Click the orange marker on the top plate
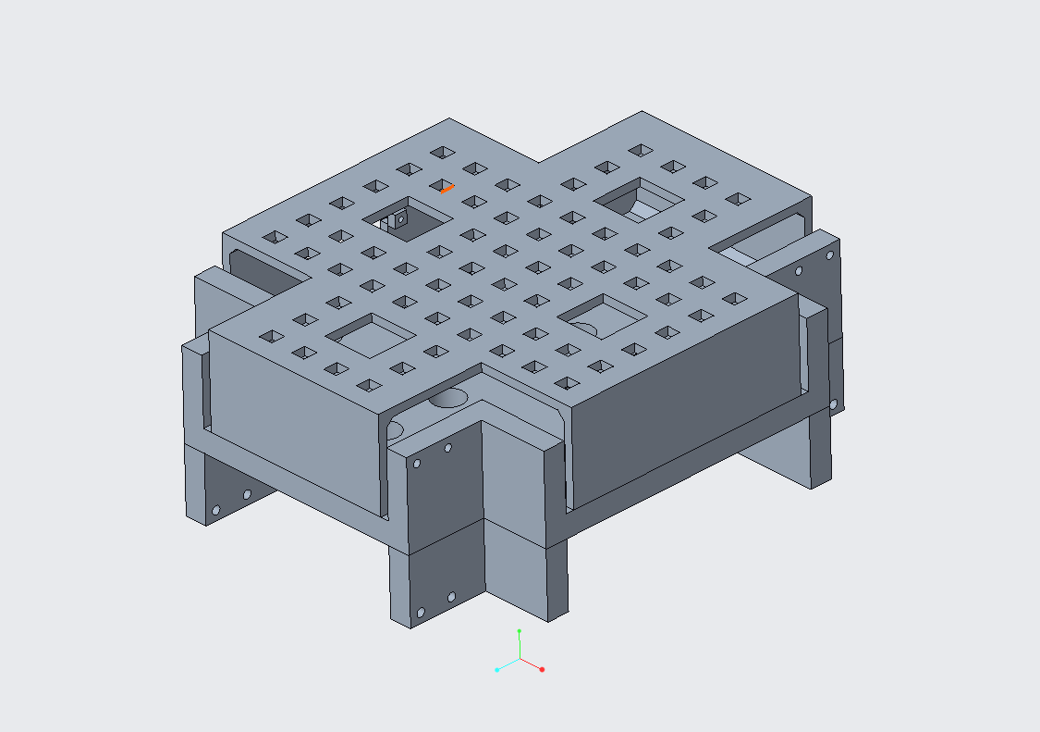(447, 189)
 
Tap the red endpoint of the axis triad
(542, 669)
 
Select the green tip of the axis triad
(520, 631)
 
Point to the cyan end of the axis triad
(497, 669)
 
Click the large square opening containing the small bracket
(408, 218)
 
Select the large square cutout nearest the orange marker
(408, 218)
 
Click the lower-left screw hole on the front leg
(421, 613)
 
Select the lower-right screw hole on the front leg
(452, 597)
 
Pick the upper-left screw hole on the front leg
(417, 463)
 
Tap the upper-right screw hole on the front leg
(448, 448)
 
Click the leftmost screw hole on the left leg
(215, 510)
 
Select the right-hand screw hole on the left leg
(247, 494)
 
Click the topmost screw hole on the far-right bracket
(829, 255)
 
